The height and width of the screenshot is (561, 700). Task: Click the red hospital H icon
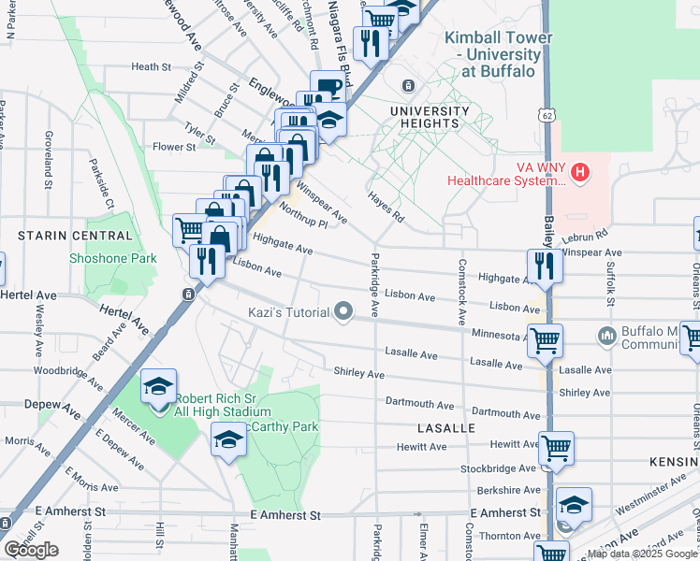click(580, 172)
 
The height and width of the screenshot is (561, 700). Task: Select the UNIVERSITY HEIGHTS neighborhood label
click(424, 117)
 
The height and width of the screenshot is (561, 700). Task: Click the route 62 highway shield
click(546, 113)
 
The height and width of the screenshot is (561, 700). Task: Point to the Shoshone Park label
click(112, 258)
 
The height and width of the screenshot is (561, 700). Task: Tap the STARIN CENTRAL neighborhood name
click(66, 236)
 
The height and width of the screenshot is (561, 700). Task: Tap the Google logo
click(31, 550)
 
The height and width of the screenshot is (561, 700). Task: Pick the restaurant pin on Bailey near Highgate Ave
click(544, 266)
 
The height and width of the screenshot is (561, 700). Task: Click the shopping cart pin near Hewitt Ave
click(557, 449)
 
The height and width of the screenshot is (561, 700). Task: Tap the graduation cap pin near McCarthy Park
click(228, 439)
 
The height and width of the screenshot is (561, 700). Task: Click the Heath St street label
click(151, 67)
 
